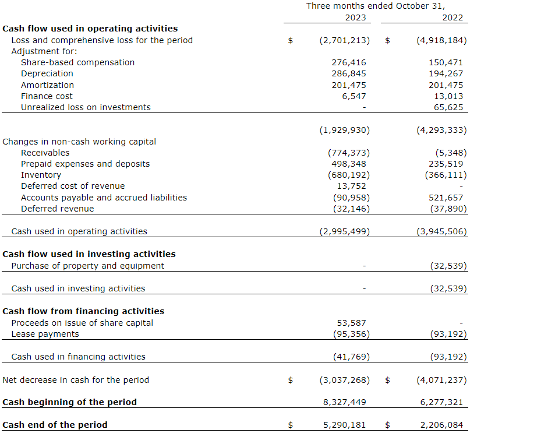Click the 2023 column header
(x=355, y=17)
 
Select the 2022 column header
(x=453, y=17)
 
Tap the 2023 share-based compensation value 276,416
(x=349, y=62)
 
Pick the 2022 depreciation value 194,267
(x=446, y=73)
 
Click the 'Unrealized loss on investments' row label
(x=86, y=107)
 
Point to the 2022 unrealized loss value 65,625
(x=448, y=107)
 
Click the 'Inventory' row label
(x=41, y=175)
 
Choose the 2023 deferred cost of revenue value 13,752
(x=352, y=186)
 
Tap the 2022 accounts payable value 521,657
(x=446, y=198)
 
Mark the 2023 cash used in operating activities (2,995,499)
(x=344, y=231)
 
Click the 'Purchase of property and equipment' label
(x=87, y=266)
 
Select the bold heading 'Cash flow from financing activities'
(x=83, y=311)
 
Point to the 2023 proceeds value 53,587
(x=352, y=323)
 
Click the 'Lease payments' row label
(x=45, y=334)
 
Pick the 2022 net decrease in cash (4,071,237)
(x=441, y=380)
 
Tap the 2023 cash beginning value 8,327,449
(x=344, y=402)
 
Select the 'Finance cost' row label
(x=47, y=96)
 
